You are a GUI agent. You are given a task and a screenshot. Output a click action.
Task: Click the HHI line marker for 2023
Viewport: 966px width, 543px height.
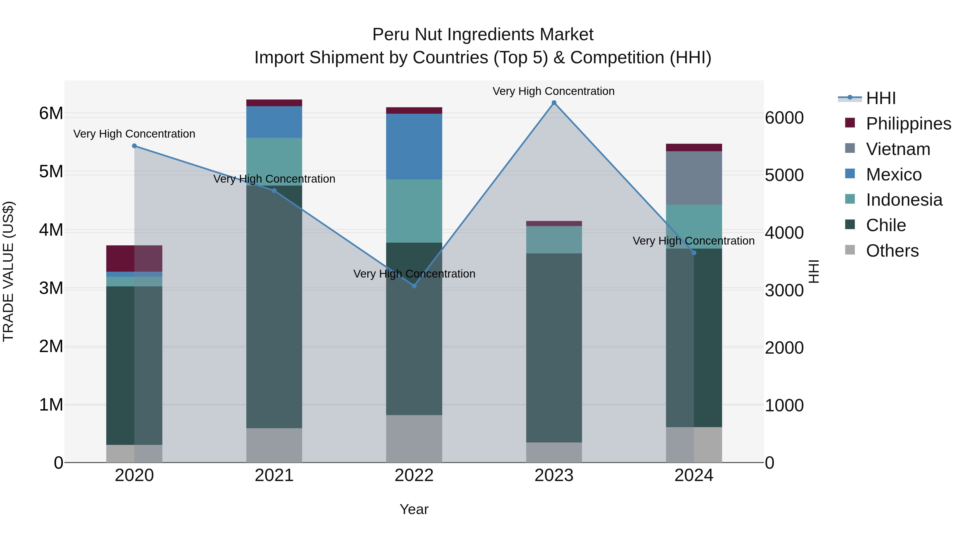pos(554,103)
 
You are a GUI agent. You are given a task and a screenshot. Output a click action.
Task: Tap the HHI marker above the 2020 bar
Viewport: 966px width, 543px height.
pos(134,146)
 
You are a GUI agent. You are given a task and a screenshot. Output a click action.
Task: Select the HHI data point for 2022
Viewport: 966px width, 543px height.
pos(414,286)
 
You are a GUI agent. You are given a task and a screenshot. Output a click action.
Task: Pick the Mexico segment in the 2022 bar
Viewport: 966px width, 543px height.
pos(414,146)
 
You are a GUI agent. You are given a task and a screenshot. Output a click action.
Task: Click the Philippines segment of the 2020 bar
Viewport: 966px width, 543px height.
pos(134,258)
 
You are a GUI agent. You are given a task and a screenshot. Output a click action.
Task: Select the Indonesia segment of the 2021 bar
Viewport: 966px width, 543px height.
pos(274,161)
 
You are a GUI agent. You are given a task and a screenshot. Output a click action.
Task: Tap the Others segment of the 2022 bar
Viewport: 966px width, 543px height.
pos(414,438)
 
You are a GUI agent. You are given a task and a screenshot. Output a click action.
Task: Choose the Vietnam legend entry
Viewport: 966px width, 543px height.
pos(898,149)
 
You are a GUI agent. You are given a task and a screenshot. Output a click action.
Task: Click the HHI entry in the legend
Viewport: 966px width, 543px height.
pos(880,98)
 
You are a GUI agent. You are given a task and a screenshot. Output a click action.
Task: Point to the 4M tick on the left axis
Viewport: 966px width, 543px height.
pos(51,230)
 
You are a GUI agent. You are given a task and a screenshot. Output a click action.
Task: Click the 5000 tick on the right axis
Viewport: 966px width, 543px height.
pos(784,175)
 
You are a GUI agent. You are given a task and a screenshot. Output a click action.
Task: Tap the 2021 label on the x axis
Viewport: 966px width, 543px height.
pos(274,475)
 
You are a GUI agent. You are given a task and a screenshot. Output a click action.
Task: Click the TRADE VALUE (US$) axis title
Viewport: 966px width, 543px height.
pos(8,271)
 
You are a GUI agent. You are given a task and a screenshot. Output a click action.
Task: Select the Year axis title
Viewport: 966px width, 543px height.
pos(414,509)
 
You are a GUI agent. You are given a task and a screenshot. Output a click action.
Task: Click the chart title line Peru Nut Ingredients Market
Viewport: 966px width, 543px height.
pos(483,35)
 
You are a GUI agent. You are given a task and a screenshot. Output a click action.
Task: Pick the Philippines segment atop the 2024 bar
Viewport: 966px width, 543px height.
pos(694,147)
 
